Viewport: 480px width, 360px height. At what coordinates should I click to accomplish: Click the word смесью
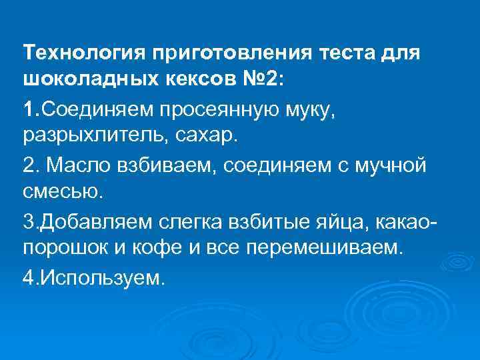(64, 192)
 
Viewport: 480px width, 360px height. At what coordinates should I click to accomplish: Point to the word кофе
(151, 249)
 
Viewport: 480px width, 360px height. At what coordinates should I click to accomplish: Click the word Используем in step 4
(101, 277)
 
